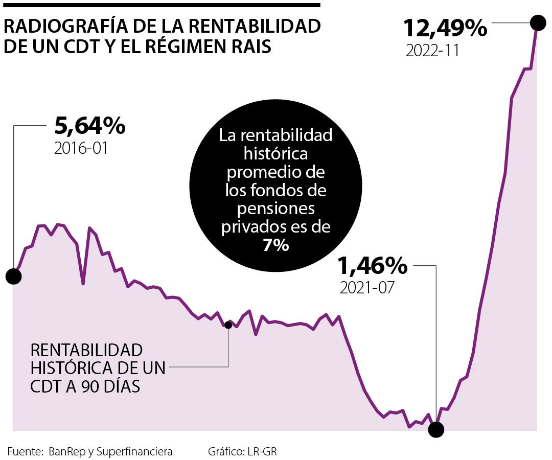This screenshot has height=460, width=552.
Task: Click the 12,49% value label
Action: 445,28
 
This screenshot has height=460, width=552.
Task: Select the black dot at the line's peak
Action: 537,22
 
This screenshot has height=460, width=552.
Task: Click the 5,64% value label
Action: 89,126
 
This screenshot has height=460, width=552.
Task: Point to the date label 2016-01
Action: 81,149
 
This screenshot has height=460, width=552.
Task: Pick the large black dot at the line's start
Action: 13,277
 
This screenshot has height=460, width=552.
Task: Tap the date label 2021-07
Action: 367,288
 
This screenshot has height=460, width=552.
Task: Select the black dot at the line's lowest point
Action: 436,429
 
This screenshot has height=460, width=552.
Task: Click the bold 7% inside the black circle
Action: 276,246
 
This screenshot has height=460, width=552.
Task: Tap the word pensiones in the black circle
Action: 276,209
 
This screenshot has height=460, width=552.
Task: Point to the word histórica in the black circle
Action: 276,154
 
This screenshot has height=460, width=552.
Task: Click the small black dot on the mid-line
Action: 228,325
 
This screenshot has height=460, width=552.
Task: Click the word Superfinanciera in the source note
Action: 134,451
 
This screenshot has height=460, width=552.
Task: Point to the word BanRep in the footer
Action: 65,451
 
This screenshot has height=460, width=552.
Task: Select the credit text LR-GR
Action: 262,451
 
